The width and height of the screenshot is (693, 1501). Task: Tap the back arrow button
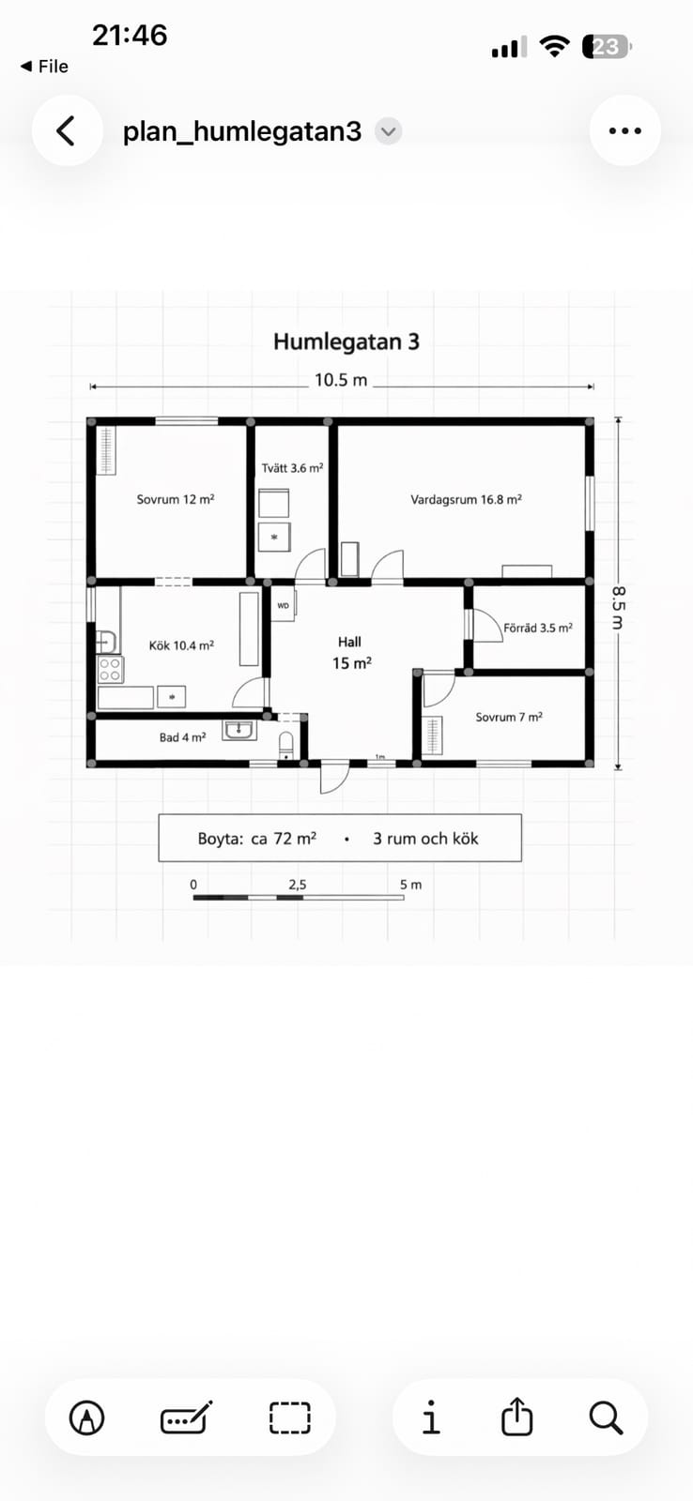(67, 130)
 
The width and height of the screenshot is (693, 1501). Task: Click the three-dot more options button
(624, 130)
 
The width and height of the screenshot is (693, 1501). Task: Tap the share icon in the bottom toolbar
(516, 1416)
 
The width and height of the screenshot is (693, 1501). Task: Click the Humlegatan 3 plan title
(346, 341)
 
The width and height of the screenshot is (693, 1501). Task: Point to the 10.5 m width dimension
(341, 381)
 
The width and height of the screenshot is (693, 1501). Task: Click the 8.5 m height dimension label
(618, 607)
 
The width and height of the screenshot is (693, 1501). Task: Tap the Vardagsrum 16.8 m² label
(467, 499)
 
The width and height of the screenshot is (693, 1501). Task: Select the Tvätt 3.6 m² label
(292, 468)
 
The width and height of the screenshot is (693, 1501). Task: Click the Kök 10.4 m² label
(181, 645)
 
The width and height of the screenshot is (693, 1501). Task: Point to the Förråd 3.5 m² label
(538, 628)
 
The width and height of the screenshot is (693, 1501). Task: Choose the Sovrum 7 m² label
(509, 717)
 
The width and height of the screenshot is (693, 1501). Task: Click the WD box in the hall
(283, 606)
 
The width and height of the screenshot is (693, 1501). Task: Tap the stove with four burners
(111, 669)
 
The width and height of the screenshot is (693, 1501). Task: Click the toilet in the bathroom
(286, 745)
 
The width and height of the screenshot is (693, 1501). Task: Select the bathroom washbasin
(239, 731)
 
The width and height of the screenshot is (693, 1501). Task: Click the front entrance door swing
(334, 778)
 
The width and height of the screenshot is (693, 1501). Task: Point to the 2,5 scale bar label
(298, 885)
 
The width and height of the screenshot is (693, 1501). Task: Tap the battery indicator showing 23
(607, 47)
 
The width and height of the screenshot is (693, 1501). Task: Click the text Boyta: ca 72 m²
(257, 839)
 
